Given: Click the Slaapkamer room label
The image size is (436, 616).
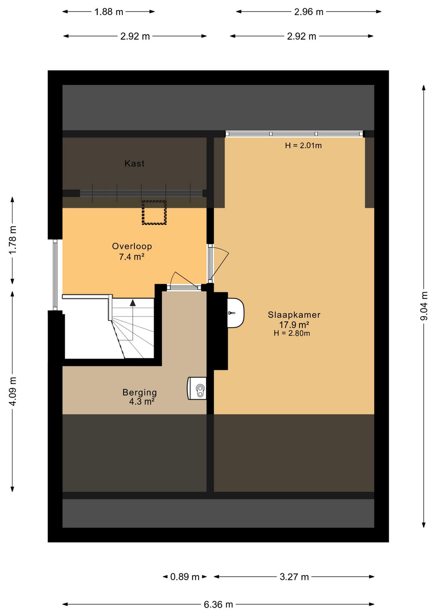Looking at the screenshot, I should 294,315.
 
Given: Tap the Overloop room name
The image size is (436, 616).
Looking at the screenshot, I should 132,246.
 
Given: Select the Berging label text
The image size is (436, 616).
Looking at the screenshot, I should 139,392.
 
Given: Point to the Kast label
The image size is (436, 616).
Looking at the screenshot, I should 134,163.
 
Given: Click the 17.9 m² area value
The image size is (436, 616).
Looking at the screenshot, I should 294,325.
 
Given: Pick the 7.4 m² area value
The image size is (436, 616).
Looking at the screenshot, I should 132,257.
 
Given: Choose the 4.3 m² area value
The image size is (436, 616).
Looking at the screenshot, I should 142,402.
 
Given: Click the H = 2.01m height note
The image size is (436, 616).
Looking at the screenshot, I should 303,146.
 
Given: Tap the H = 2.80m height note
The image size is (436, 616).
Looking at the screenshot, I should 292,333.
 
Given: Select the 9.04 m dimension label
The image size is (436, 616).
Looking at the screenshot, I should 424,306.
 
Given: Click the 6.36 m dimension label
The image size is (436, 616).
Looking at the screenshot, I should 218,604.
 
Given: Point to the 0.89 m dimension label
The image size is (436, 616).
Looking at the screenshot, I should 184,577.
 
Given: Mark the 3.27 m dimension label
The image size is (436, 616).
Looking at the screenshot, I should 294,577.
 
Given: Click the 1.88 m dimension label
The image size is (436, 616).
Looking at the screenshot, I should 109,12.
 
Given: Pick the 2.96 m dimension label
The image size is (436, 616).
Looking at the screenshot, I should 308,12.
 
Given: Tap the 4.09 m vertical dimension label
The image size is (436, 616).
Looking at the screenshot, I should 13,391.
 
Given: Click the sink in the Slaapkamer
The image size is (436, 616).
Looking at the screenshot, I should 236,313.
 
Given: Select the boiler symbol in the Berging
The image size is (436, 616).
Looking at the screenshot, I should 197,389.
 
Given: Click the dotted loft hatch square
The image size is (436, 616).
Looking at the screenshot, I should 154,212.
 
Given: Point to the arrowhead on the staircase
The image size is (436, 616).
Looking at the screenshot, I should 132,303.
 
